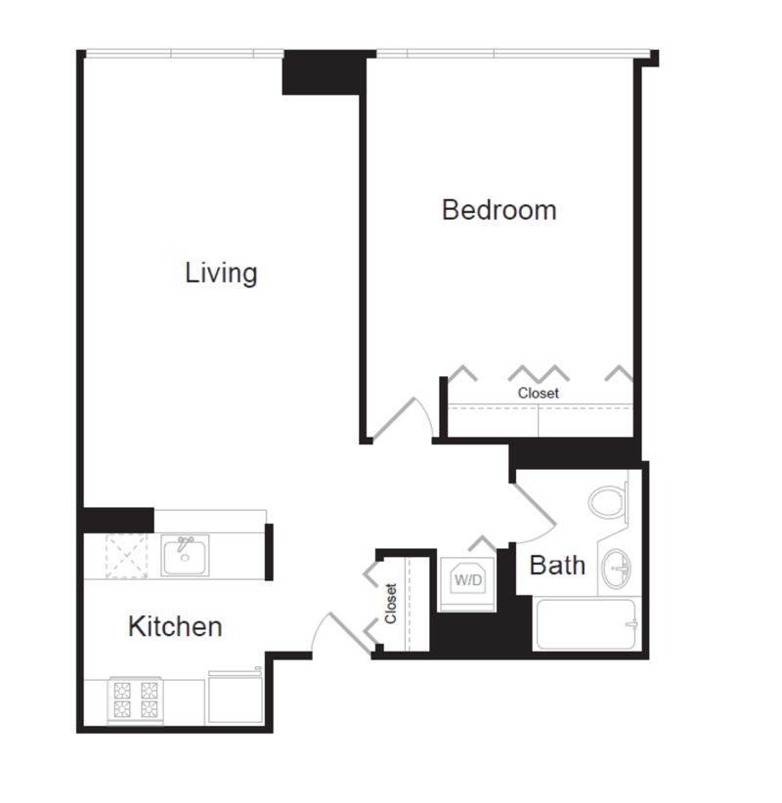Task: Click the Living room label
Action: [x=221, y=274]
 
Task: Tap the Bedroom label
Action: [x=500, y=210]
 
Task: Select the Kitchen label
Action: [x=175, y=626]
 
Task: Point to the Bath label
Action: [x=557, y=566]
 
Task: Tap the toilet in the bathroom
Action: [x=608, y=502]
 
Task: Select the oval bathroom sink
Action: [x=616, y=569]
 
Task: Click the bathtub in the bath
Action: [x=586, y=623]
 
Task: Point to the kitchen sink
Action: [x=185, y=556]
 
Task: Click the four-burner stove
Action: [x=135, y=700]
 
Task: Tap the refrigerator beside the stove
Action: [x=236, y=697]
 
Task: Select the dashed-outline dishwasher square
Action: [x=126, y=556]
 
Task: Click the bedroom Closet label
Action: [x=538, y=394]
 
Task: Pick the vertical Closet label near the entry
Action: [x=390, y=604]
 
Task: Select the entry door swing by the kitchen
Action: [x=341, y=633]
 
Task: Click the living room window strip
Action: [x=185, y=54]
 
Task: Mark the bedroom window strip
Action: [x=513, y=54]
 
